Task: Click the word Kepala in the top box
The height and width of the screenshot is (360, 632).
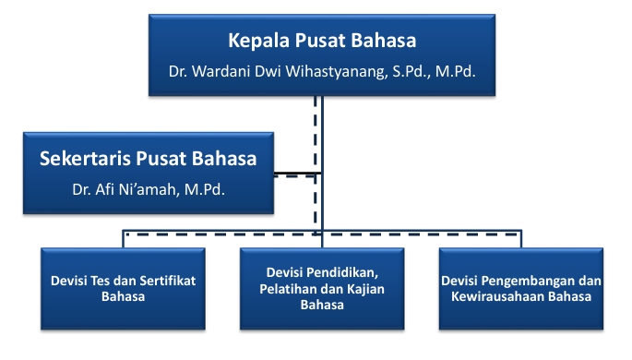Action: [x=259, y=42]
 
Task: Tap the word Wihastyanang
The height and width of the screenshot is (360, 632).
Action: [x=335, y=72]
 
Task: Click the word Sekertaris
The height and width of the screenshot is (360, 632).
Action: [x=85, y=159]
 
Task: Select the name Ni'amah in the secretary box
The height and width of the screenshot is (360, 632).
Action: [x=149, y=189]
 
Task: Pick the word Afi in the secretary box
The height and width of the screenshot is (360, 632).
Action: [x=104, y=189]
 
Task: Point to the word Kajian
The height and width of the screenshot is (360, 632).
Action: [x=367, y=289]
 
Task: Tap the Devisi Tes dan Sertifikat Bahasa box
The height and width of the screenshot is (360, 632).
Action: [x=123, y=289]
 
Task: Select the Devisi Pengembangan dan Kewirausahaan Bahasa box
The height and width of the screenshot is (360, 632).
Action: [x=521, y=289]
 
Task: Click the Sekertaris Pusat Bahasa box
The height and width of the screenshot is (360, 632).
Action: [x=149, y=173]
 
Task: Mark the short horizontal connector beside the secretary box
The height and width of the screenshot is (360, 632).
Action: [x=298, y=174]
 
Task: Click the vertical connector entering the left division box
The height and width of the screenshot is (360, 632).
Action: [x=123, y=239]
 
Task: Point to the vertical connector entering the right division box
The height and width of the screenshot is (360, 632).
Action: [x=521, y=239]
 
